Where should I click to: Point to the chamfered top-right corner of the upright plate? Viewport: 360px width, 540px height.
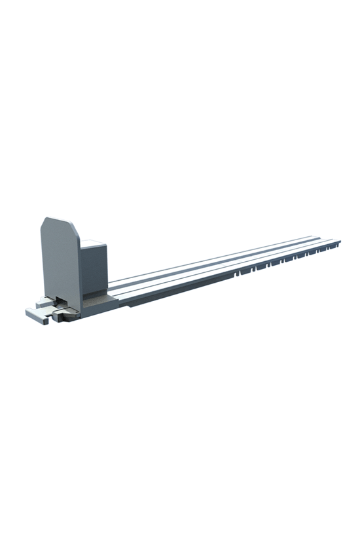(x=74, y=226)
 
